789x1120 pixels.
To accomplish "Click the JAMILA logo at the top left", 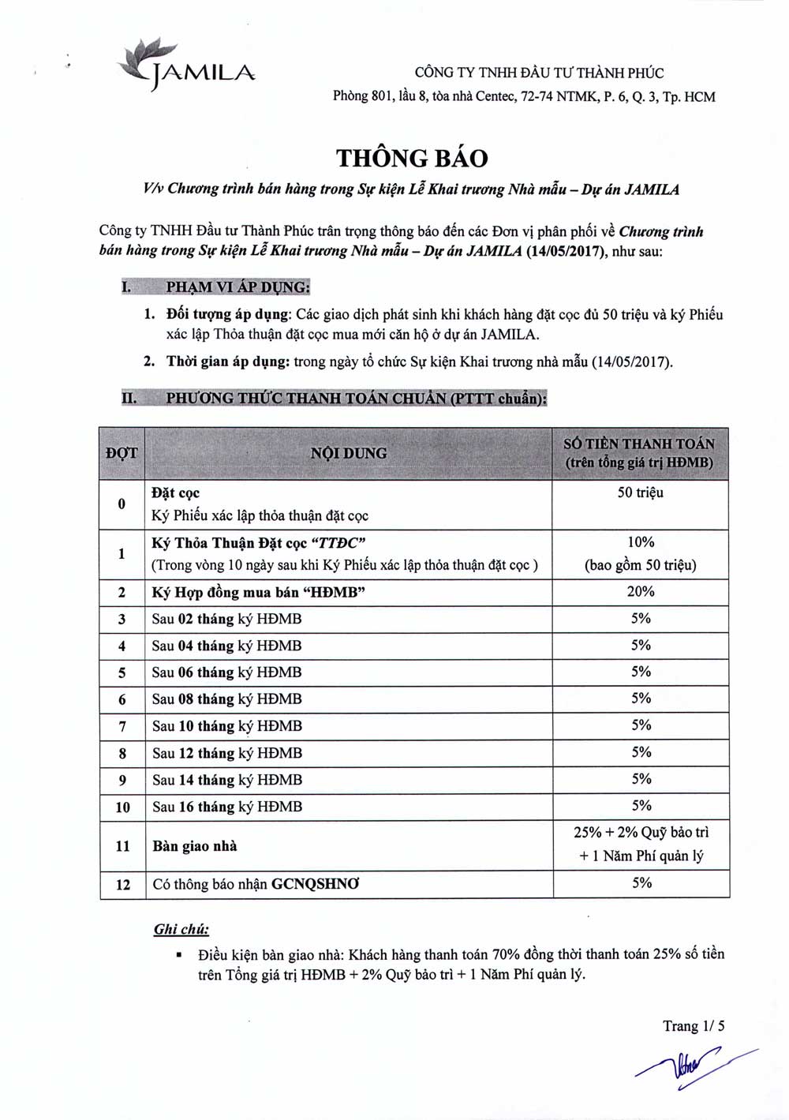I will coord(185,65).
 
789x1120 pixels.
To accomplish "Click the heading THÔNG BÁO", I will coord(412,158).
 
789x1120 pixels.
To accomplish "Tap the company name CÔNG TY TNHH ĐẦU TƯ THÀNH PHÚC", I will coord(539,73).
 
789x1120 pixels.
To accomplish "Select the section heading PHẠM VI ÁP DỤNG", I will coord(237,287).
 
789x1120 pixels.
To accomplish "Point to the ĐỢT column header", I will coord(122,453).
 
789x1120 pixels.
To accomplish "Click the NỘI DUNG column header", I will coord(348,453).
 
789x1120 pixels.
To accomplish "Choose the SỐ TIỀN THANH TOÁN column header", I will coord(639,453).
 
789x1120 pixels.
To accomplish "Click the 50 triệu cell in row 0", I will coord(640,493).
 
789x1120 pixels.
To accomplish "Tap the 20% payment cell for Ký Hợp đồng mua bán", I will coord(641,591).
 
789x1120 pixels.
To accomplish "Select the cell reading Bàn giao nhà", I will coord(195,846).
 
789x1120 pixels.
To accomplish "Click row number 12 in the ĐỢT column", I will coord(123,885).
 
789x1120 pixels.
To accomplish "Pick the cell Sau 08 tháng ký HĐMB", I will coord(227,699).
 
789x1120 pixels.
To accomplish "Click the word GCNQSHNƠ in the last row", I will coord(315,884).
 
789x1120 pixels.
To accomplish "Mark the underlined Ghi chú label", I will coord(181,929).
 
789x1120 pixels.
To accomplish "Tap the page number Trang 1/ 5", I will coord(694,1026).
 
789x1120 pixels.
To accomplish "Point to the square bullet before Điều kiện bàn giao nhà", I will coord(180,955).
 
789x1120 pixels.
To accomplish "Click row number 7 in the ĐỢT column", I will coord(122,726).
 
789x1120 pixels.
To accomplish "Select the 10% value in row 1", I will coord(641,542).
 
